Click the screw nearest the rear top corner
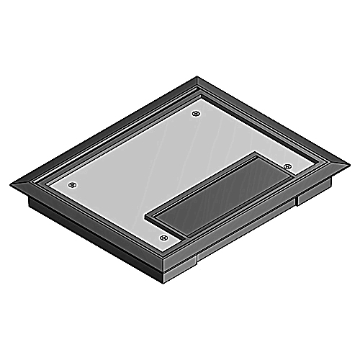[197, 113]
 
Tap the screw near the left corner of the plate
[71, 184]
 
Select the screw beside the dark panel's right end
[287, 167]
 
